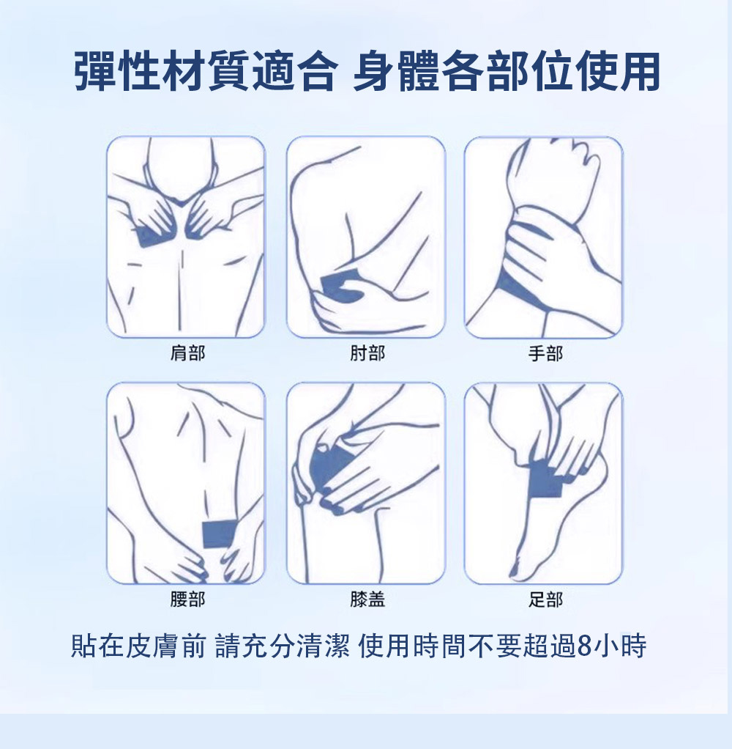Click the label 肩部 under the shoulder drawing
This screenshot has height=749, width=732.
(187, 354)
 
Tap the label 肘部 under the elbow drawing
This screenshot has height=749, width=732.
(367, 354)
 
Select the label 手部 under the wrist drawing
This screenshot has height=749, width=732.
(545, 354)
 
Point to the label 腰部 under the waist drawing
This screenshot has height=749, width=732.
(187, 600)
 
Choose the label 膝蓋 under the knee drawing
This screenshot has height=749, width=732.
(367, 600)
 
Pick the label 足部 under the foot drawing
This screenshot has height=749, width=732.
(545, 600)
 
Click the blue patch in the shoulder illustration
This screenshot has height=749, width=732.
(152, 235)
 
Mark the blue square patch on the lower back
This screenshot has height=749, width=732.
(217, 533)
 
